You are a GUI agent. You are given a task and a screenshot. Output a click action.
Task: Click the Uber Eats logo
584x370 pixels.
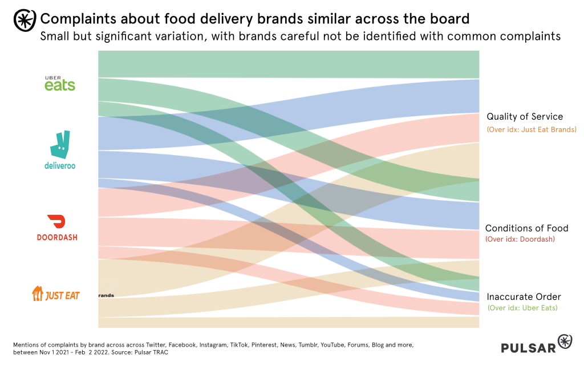pos(60,83)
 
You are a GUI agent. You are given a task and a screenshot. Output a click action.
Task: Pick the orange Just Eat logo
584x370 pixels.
pos(56,294)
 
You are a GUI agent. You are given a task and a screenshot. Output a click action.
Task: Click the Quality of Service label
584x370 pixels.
pos(525,117)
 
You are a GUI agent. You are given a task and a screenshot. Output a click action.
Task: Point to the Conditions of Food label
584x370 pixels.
pos(526,229)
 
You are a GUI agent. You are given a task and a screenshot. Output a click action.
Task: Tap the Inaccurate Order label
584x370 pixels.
pos(524,297)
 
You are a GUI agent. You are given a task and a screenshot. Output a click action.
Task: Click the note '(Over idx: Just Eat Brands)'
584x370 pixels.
pos(532,129)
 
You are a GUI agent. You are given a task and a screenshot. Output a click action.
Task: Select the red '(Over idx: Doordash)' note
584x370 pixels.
pos(520,239)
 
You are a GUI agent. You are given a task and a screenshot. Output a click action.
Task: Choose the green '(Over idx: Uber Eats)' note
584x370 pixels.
pos(522,308)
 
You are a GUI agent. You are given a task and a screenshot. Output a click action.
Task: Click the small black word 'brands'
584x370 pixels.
pos(106,295)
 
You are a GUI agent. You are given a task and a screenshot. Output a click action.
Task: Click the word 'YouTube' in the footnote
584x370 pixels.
pos(334,345)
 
